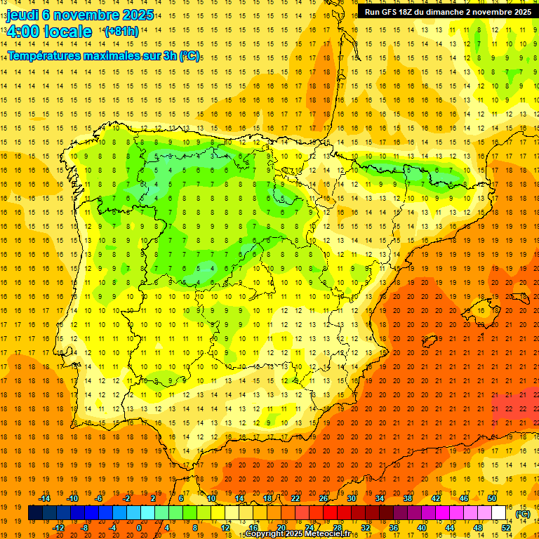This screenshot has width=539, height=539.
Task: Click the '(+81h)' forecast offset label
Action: pyautogui.click(x=121, y=32)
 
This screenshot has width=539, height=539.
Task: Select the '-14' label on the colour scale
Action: pyautogui.click(x=45, y=498)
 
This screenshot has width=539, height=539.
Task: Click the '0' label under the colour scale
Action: pyautogui.click(x=138, y=527)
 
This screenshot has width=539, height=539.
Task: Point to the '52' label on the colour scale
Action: pyautogui.click(x=506, y=527)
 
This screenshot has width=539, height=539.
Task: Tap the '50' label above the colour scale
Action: pyautogui.click(x=492, y=498)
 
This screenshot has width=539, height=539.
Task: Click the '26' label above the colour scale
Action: pyautogui.click(x=324, y=498)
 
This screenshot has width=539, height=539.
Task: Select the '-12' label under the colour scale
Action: pyautogui.click(x=59, y=527)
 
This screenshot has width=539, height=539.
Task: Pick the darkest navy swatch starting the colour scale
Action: pyautogui.click(x=35, y=513)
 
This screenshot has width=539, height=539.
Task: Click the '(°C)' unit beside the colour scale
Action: pyautogui.click(x=522, y=514)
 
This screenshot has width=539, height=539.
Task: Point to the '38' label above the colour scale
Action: pyautogui.click(x=408, y=498)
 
